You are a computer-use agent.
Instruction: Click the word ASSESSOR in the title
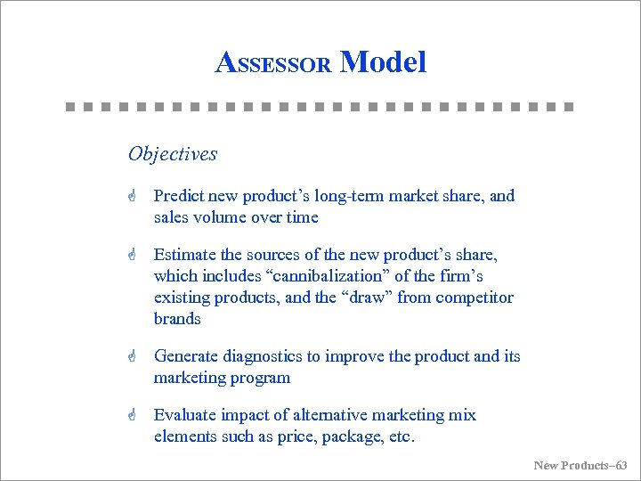[x=274, y=63]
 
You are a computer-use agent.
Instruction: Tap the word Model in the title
[x=384, y=61]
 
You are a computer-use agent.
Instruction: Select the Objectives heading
[x=173, y=154]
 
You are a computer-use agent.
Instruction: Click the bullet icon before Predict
[x=131, y=197]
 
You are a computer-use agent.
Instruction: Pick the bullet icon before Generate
[x=131, y=357]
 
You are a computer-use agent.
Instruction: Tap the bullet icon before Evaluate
[x=131, y=416]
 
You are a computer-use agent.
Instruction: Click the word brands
[x=177, y=319]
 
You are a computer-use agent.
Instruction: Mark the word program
[x=259, y=378]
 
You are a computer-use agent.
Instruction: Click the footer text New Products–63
[x=580, y=465]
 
